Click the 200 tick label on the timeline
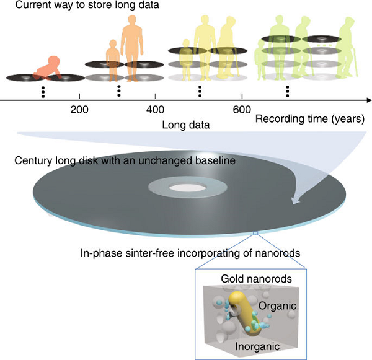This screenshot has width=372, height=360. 79,110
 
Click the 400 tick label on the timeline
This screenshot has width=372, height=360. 155,110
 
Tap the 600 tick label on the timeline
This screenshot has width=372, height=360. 242,110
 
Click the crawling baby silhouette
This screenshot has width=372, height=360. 48,68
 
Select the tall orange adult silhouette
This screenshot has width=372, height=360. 131,48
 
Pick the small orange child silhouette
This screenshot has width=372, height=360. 113,61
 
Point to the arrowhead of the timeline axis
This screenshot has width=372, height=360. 369,100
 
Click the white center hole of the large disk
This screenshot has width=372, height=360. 187,188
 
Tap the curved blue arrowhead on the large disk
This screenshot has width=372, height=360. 295,200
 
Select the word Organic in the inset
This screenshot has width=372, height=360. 277,305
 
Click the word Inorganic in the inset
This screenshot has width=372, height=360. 257,346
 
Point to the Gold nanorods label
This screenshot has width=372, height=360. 256,279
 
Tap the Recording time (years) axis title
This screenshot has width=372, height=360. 310,118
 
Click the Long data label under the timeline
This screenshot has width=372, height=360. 186,125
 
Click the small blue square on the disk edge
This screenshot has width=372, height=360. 255,234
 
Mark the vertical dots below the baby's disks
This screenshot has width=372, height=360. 43,92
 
